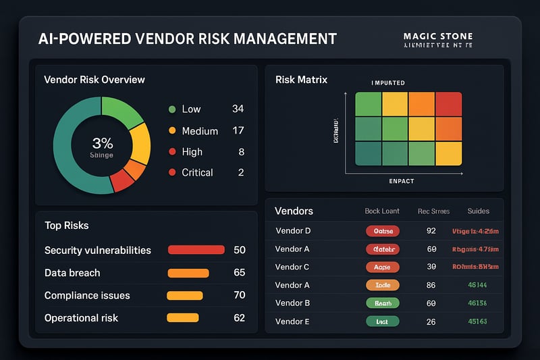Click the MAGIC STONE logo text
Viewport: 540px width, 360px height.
[x=437, y=36]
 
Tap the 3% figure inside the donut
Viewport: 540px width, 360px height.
[x=102, y=143]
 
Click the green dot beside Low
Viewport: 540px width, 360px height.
[x=171, y=109]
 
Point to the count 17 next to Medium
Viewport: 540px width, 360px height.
[x=238, y=131]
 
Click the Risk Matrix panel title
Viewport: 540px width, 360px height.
[x=301, y=80]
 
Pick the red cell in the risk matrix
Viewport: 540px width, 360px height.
[x=448, y=104]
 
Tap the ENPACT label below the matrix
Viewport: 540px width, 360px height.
[x=402, y=182]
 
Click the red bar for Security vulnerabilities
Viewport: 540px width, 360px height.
[x=196, y=250]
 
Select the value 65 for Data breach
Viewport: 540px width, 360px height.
[x=239, y=273]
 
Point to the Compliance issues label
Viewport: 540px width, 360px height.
[x=87, y=296]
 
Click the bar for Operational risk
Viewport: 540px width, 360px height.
[x=182, y=317]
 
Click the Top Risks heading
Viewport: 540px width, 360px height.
[x=67, y=226]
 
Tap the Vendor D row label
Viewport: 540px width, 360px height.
[x=293, y=231]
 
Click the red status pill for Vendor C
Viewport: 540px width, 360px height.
[x=382, y=267]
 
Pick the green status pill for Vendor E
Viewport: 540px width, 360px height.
[x=382, y=322]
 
